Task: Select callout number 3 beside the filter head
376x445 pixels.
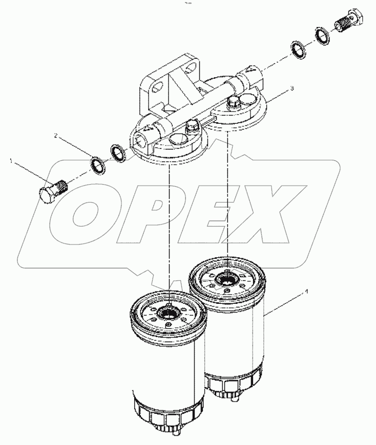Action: pyautogui.click(x=292, y=88)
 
